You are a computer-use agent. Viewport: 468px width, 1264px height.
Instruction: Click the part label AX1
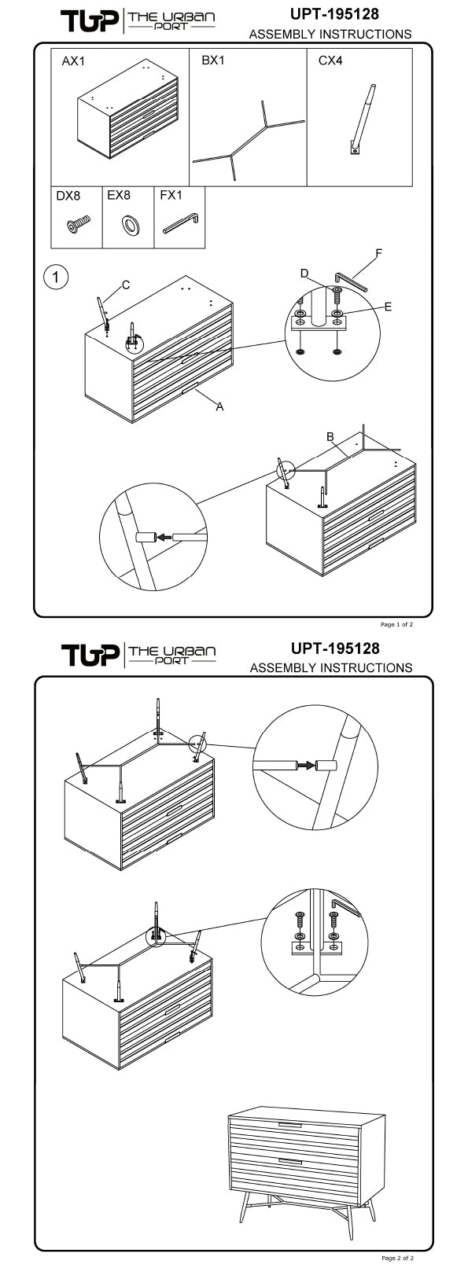pos(73,61)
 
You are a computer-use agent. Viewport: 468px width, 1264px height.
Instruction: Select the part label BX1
pos(213,60)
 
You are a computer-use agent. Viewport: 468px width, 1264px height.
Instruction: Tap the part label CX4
pos(330,60)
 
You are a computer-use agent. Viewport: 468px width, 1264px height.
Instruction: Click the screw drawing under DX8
pos(79,224)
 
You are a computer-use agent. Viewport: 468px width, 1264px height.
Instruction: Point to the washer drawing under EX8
pos(131,225)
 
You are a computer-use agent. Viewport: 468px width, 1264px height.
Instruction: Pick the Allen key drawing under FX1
pos(181,222)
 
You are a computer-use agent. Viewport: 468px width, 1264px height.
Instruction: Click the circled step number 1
pos(56,277)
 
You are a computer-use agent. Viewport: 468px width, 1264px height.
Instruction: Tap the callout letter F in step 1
pos(379,253)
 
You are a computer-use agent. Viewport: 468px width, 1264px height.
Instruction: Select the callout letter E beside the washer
pos(388,307)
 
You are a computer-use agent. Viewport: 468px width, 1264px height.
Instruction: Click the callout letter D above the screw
pos(304,274)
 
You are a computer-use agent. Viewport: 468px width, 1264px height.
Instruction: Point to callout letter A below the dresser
pos(219,406)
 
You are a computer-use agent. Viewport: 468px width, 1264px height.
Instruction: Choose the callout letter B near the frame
pos(330,437)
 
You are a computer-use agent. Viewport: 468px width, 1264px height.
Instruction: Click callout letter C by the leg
pos(126,285)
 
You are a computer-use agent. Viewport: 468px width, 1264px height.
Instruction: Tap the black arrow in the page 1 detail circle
pos(164,537)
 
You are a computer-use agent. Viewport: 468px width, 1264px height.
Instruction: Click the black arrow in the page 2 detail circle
pos(307,765)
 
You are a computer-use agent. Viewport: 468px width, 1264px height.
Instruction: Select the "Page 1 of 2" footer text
pos(397,625)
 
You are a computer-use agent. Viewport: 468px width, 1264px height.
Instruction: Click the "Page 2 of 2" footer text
pos(397,1258)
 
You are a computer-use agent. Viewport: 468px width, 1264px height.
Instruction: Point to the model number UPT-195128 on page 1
pos(335,13)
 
